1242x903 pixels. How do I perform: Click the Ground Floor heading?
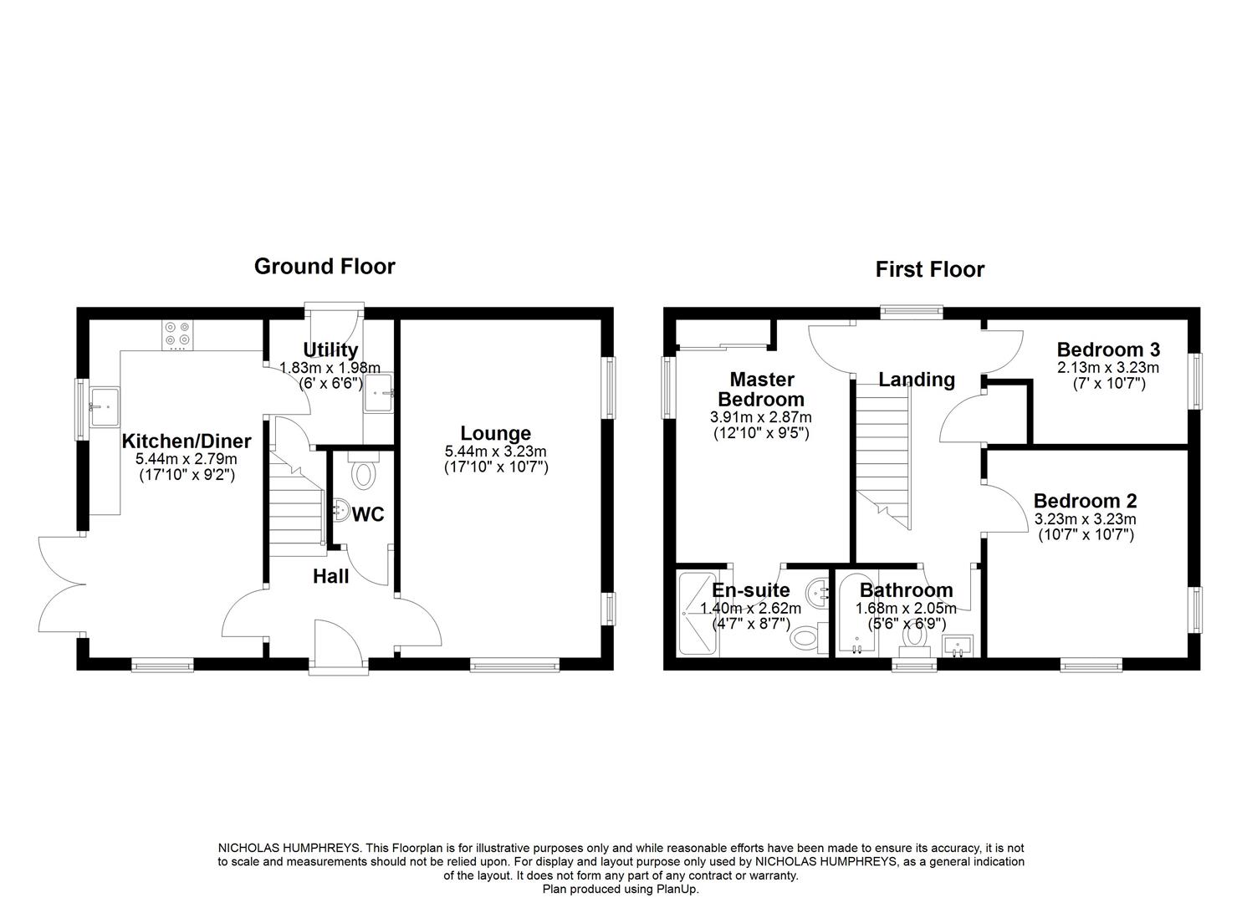(x=325, y=267)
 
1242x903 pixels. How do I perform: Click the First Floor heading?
(x=929, y=269)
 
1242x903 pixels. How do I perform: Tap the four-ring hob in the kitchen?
(x=177, y=334)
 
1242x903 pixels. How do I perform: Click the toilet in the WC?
(x=363, y=475)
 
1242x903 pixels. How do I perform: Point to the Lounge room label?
(x=495, y=433)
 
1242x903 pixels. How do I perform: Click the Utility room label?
(x=330, y=349)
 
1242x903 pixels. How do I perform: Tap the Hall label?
(x=330, y=576)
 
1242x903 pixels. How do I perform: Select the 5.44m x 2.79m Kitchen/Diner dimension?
(x=187, y=459)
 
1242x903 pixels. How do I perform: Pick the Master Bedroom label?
(x=761, y=390)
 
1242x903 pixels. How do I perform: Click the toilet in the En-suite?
(x=805, y=640)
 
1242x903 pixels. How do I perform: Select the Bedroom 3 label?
(x=1107, y=349)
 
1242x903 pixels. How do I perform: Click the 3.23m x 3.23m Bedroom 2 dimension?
(x=1085, y=518)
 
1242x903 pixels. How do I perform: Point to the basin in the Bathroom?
(x=957, y=645)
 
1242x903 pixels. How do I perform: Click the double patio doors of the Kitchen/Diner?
(x=60, y=585)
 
